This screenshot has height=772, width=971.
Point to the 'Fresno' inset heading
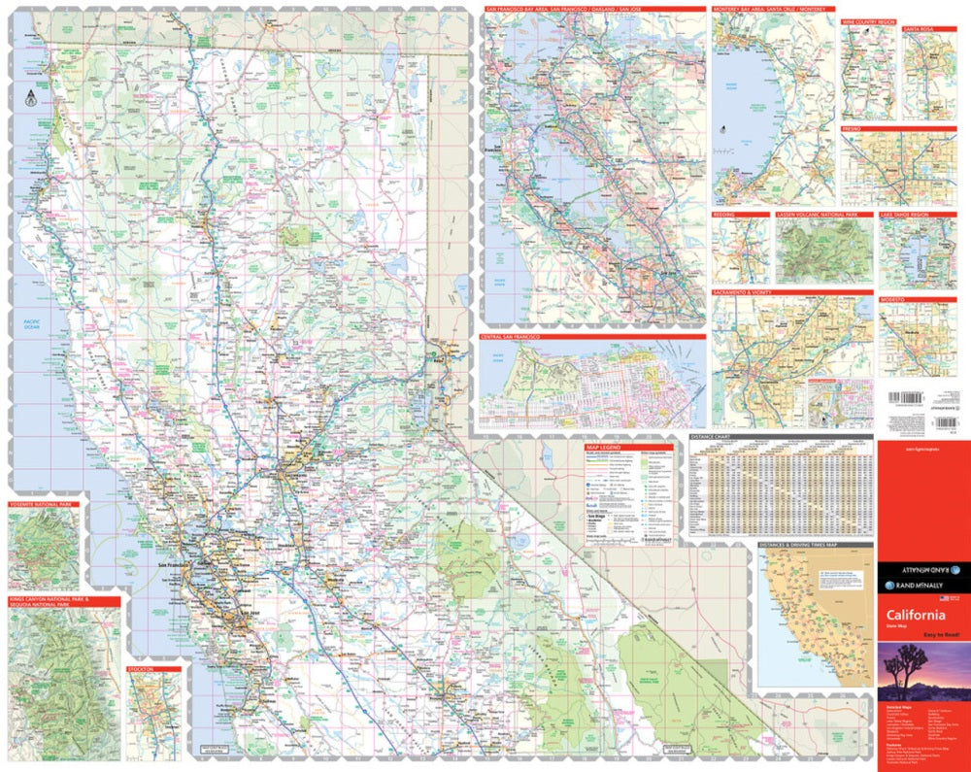coord(854,128)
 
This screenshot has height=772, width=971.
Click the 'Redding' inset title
coord(724,214)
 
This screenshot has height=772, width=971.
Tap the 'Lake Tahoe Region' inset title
coord(904,214)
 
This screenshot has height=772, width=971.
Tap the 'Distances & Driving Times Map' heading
coord(799,546)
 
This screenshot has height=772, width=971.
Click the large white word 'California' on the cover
coord(915,616)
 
